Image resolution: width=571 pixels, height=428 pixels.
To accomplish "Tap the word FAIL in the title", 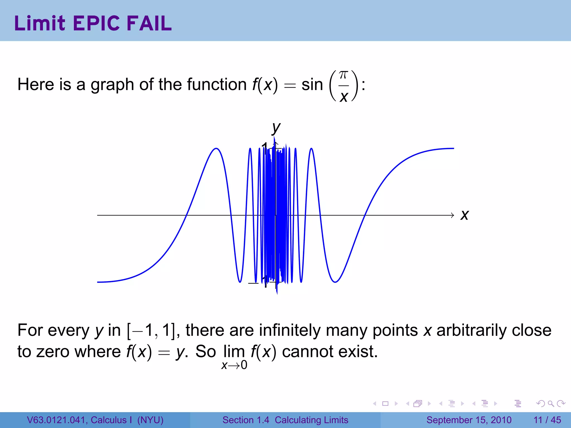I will click(x=149, y=23).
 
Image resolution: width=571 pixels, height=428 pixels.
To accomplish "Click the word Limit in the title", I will click(x=40, y=23).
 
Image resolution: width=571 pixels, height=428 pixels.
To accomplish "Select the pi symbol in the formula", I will click(x=343, y=75).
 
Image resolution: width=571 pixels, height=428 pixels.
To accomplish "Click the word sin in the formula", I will click(x=312, y=84).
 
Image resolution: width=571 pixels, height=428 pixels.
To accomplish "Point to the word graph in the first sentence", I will click(x=112, y=85).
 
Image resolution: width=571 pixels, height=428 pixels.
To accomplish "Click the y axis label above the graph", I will click(x=276, y=128).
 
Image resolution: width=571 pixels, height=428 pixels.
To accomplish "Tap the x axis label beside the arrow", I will click(x=464, y=215).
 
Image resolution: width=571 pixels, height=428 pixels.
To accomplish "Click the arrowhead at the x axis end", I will click(x=452, y=215).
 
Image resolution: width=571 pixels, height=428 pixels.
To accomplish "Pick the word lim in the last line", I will click(x=234, y=352).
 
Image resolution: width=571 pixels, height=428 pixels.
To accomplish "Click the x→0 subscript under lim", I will click(x=234, y=365).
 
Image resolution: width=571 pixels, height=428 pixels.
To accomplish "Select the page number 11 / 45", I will click(x=547, y=420).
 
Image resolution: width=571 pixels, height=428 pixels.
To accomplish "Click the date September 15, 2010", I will click(x=469, y=420).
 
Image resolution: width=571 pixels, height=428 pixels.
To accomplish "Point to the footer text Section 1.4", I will click(x=246, y=420).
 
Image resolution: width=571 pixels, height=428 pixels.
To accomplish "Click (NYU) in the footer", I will click(x=150, y=420).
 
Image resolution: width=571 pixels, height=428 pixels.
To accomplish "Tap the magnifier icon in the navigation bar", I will click(x=551, y=403).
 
